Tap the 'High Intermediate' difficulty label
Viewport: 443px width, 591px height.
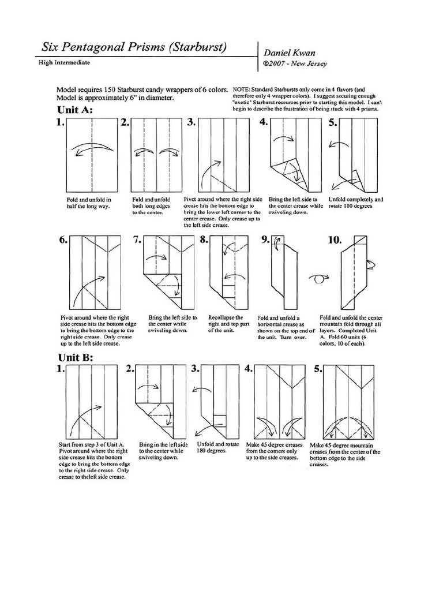pos(64,62)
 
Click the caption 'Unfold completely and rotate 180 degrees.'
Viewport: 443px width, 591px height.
pos(355,203)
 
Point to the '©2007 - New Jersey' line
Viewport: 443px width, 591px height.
pos(295,63)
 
